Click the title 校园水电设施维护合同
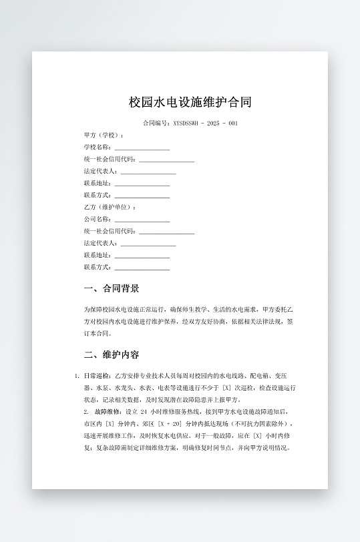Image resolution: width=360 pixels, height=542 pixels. (190, 103)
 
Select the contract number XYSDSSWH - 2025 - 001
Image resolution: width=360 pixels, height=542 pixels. (205, 123)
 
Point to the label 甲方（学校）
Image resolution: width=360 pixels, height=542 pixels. (104, 135)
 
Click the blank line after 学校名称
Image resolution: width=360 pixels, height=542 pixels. (142, 148)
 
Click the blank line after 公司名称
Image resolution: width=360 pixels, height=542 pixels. (142, 220)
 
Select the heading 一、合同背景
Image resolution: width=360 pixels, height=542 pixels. (112, 289)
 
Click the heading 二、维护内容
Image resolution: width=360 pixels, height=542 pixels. (112, 354)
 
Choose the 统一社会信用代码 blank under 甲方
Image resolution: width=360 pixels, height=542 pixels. (166, 160)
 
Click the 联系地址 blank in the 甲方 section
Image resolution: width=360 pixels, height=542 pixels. (142, 184)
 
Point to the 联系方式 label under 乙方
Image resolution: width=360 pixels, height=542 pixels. (97, 268)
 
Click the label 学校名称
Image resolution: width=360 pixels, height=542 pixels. (97, 148)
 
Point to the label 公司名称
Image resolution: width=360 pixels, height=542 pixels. (97, 220)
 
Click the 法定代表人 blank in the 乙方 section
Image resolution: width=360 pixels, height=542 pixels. (148, 244)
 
